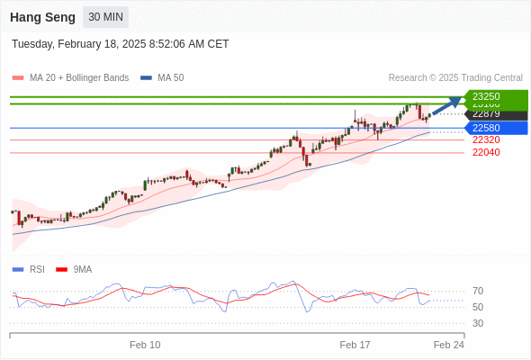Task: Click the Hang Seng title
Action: pos(41,17)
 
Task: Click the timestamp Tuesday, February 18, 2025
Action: pos(120,44)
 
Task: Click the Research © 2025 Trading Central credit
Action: pos(455,78)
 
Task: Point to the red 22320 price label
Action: pos(486,139)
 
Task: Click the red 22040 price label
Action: pos(486,152)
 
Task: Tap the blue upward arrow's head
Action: pos(457,101)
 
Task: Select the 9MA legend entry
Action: pos(82,269)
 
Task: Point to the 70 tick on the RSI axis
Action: pos(478,291)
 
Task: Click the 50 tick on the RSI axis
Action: pos(478,307)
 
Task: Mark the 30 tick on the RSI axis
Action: pos(478,323)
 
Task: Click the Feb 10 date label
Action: pos(145,345)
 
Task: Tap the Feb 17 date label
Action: pos(355,345)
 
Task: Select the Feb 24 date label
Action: pos(448,345)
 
